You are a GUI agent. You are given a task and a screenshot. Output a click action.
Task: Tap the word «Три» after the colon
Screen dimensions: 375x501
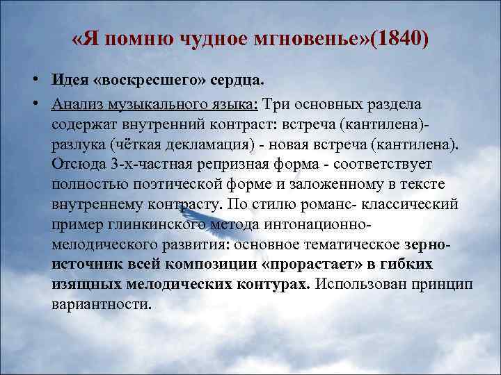[x=277, y=103]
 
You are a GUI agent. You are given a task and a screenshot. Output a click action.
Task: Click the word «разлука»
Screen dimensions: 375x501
[x=81, y=144]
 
